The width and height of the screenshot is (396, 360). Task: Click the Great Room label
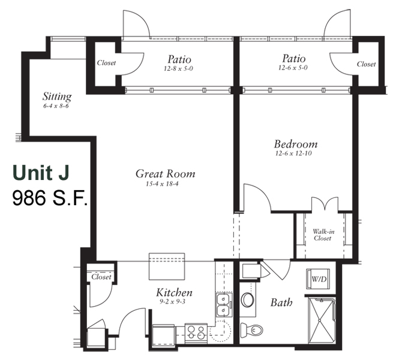pyautogui.click(x=166, y=174)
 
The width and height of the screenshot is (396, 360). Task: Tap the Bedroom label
pyautogui.click(x=296, y=144)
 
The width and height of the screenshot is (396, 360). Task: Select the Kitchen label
pyautogui.click(x=174, y=293)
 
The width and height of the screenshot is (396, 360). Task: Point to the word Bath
pyautogui.click(x=281, y=302)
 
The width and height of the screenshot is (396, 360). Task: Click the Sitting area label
pyautogui.click(x=57, y=97)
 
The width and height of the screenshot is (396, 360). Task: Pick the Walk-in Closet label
pyautogui.click(x=323, y=235)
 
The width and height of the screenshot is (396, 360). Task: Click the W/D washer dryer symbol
pyautogui.click(x=318, y=279)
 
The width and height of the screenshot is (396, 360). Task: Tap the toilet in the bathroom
pyautogui.click(x=251, y=329)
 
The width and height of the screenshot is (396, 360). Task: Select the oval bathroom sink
pyautogui.click(x=247, y=300)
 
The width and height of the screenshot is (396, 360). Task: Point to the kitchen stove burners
pyautogui.click(x=196, y=332)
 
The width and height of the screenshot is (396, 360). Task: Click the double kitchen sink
pyautogui.click(x=224, y=305)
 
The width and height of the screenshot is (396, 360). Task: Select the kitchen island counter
pyautogui.click(x=167, y=266)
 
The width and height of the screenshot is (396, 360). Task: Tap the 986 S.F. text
pyautogui.click(x=50, y=199)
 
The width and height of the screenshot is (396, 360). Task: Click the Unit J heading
pyautogui.click(x=41, y=173)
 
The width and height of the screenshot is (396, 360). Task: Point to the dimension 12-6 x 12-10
pyautogui.click(x=293, y=154)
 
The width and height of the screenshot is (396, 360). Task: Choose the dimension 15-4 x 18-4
pyautogui.click(x=162, y=184)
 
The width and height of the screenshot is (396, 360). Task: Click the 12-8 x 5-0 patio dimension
pyautogui.click(x=179, y=69)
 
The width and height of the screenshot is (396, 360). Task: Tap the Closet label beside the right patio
pyautogui.click(x=366, y=64)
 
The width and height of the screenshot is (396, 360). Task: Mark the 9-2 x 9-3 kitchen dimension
pyautogui.click(x=172, y=302)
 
